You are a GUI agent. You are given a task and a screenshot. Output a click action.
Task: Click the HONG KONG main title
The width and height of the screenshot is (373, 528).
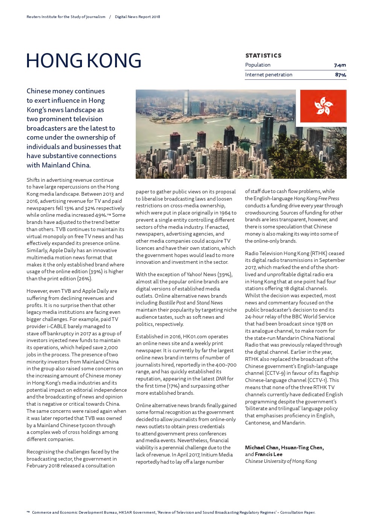pos(83,61)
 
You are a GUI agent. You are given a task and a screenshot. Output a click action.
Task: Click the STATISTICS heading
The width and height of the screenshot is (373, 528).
pos(263,55)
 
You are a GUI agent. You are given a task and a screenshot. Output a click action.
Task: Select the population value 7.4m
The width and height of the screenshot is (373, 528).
pos(340,65)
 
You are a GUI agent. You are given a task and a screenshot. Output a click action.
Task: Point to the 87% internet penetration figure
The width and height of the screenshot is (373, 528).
pos(340,75)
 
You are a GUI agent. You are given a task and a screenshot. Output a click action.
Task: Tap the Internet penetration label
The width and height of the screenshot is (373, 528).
pos(268,75)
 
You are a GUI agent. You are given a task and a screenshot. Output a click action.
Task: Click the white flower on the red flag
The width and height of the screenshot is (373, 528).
pos(323,106)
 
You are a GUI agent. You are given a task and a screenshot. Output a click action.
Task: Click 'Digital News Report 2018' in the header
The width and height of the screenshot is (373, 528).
pos(137,17)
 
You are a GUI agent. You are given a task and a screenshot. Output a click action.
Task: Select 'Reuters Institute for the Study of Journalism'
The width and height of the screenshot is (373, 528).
pos(66,17)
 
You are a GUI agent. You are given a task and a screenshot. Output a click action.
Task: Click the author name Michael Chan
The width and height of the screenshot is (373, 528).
pos(262,447)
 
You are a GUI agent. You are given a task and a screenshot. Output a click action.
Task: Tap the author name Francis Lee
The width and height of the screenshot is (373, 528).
pos(268,454)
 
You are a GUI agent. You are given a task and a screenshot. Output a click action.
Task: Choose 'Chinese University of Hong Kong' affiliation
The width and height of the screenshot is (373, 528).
pos(281,461)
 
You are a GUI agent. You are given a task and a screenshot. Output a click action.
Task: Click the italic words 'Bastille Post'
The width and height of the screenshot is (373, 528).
pos(172,303)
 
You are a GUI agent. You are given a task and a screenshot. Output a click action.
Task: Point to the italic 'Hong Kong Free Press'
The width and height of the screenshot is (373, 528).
pos(316,199)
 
